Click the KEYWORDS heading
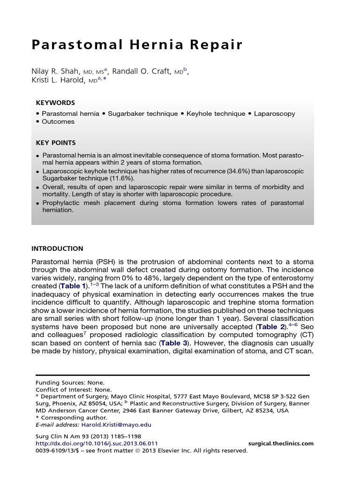tap(55, 103)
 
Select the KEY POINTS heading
tap(56, 142)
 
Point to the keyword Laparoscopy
tap(275, 113)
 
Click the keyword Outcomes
tap(58, 121)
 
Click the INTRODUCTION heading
tap(57, 248)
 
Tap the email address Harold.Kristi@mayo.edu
tap(116, 425)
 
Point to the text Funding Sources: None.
tap(70, 382)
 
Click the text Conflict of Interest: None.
tap(74, 390)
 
